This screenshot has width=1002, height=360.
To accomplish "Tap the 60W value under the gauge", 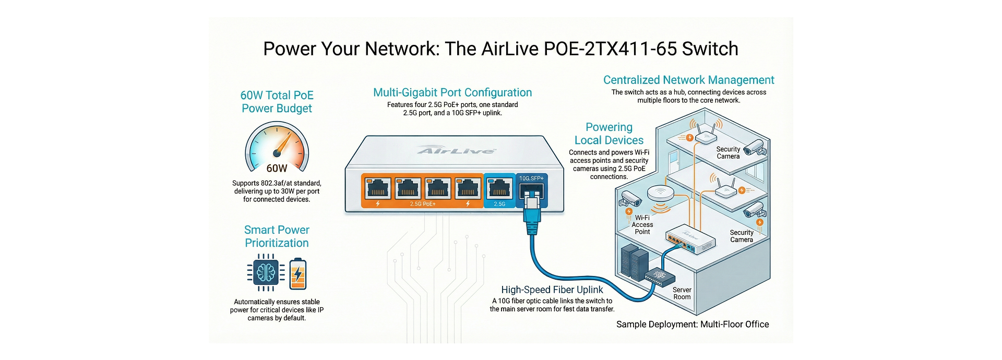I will coord(277,168).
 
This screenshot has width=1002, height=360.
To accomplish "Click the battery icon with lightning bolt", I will coord(298,274).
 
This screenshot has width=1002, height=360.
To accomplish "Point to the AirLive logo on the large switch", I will coord(456,151).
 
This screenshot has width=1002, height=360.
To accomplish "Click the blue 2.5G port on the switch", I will coord(499,188).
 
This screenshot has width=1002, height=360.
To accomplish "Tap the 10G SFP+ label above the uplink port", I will coord(531,178).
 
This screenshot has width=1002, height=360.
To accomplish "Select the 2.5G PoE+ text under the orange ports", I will coord(423,204).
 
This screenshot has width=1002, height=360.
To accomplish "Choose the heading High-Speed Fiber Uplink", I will coord(552,290).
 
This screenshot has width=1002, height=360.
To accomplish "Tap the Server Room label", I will coord(682,293).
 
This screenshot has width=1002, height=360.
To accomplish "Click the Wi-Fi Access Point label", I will coord(642,225).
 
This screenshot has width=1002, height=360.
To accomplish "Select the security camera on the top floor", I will coord(754,148).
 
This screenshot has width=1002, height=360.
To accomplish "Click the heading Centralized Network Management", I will coord(688,80).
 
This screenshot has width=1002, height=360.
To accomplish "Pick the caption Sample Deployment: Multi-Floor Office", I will coord(693,324).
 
